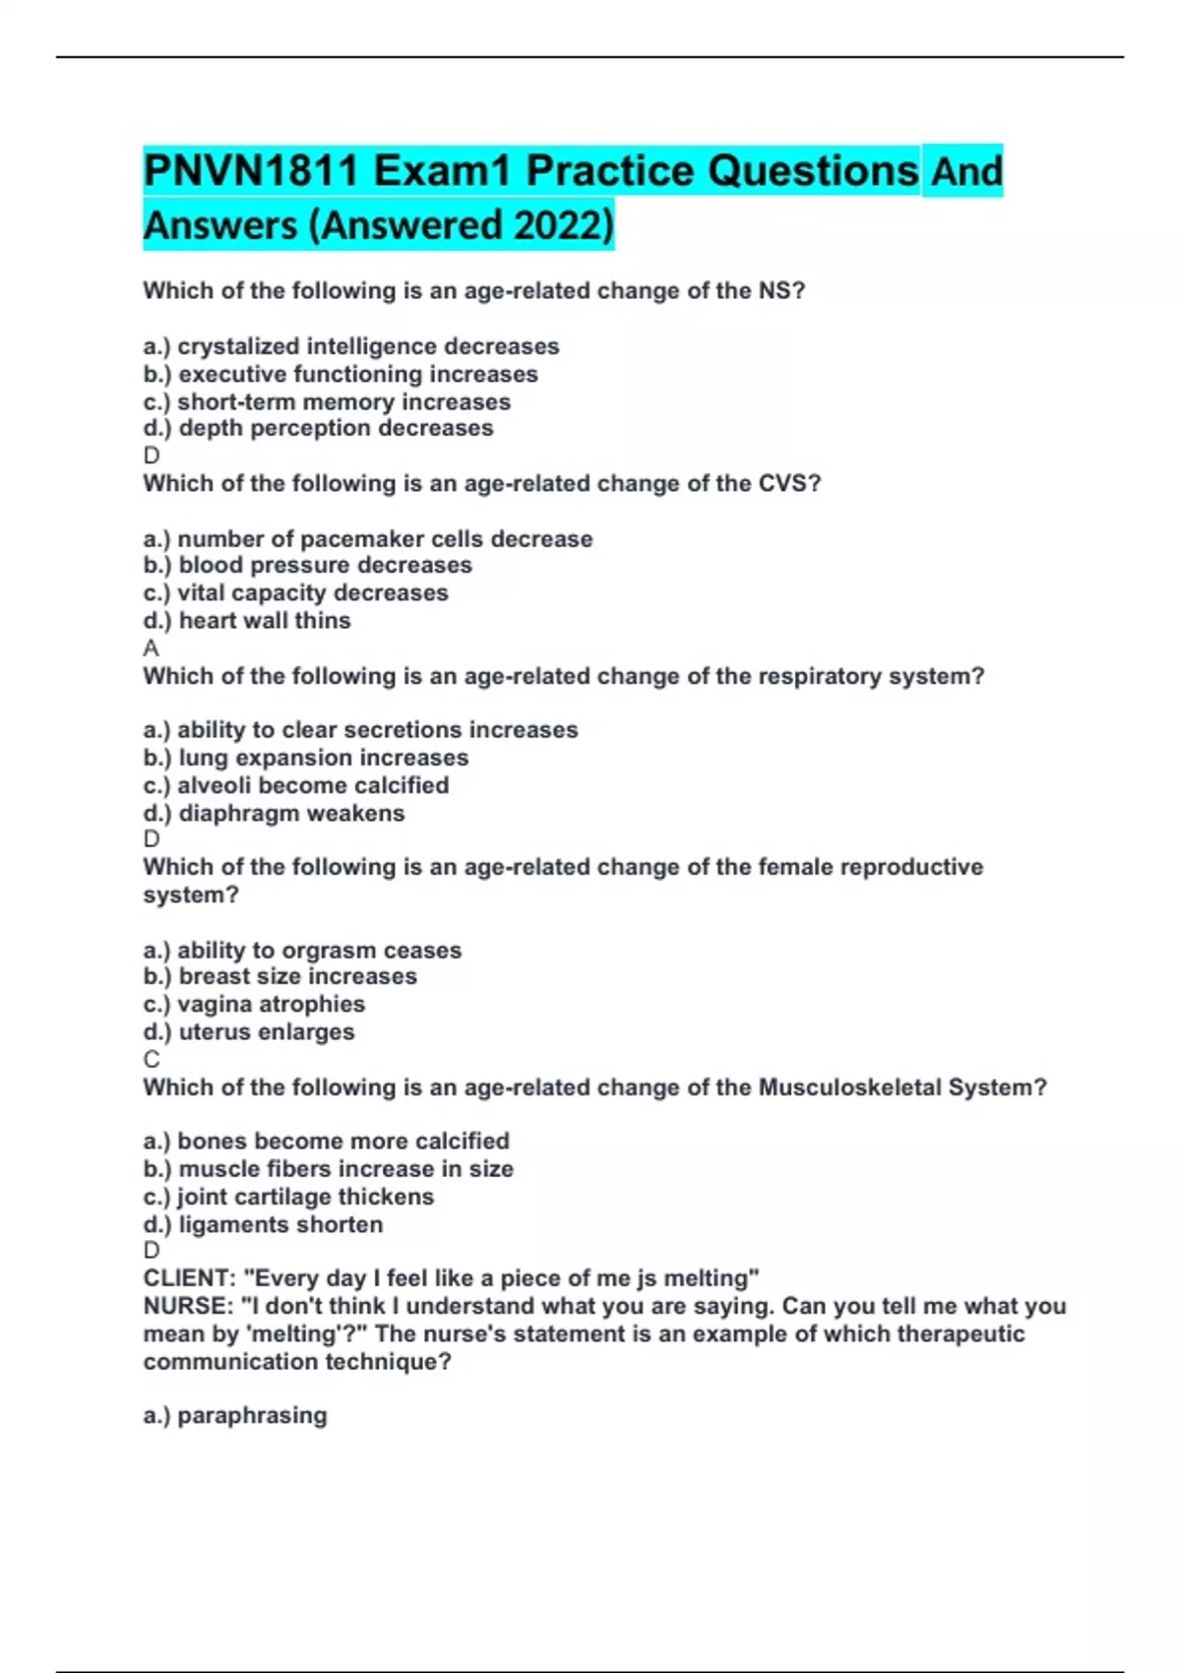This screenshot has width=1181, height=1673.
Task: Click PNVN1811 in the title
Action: [x=251, y=171]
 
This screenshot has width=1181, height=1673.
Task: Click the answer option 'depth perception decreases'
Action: [x=318, y=428]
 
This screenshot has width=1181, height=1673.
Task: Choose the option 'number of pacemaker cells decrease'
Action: [x=368, y=538]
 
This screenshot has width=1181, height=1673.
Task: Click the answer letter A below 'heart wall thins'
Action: [x=151, y=648]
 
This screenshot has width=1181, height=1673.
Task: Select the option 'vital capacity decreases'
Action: [x=295, y=592]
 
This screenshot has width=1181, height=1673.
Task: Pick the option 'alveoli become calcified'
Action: [x=295, y=785]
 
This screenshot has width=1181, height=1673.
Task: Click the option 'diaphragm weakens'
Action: [x=274, y=813]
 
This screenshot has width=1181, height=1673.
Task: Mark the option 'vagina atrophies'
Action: [x=254, y=1004]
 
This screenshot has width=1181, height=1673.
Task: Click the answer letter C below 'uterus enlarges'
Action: [x=152, y=1059]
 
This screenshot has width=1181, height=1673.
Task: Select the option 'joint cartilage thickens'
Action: [x=288, y=1197]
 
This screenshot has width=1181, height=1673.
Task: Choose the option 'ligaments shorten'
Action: [x=263, y=1224]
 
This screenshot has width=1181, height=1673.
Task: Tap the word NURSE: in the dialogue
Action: [x=185, y=1306]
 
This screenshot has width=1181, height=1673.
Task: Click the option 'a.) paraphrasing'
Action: [x=235, y=1415]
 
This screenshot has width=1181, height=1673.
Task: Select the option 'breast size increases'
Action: [x=280, y=976]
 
